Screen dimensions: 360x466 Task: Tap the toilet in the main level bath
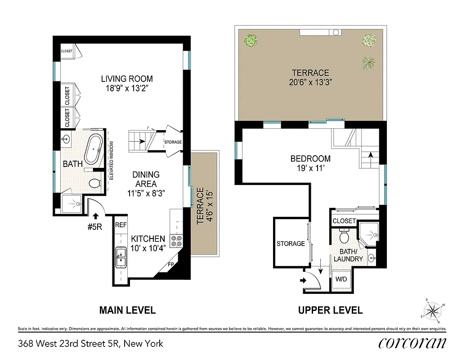pyautogui.click(x=94, y=183)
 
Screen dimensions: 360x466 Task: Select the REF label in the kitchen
pyautogui.click(x=121, y=225)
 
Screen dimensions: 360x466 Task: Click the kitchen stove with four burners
pyautogui.click(x=177, y=241)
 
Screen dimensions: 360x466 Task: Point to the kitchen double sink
pyautogui.click(x=121, y=257)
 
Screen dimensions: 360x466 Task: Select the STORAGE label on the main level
pyautogui.click(x=173, y=142)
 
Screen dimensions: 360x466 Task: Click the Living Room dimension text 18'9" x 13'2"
pyautogui.click(x=126, y=89)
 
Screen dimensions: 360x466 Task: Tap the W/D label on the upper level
pyautogui.click(x=341, y=279)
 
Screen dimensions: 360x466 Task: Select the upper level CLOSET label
pyautogui.click(x=344, y=221)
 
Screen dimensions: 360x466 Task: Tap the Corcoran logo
pyautogui.click(x=412, y=343)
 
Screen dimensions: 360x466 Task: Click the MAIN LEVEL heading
pyautogui.click(x=127, y=310)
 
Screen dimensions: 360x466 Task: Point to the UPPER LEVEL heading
pyautogui.click(x=330, y=310)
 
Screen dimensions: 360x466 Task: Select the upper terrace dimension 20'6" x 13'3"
pyautogui.click(x=310, y=82)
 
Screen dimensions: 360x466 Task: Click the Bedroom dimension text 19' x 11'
pyautogui.click(x=310, y=168)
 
